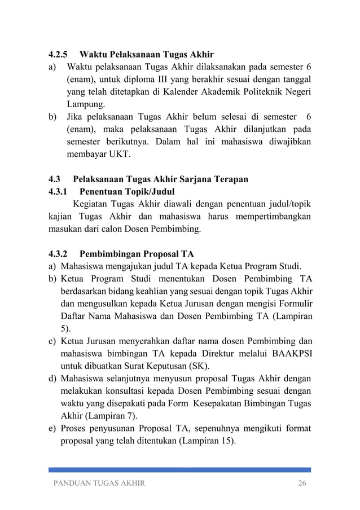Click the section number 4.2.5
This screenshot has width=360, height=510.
click(58, 55)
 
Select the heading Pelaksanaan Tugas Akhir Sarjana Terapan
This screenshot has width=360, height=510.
click(161, 179)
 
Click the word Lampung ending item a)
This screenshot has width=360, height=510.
click(85, 104)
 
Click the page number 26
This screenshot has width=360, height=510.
click(304, 483)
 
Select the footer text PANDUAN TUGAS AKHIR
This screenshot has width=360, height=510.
click(99, 483)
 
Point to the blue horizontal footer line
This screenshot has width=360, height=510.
click(179, 469)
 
